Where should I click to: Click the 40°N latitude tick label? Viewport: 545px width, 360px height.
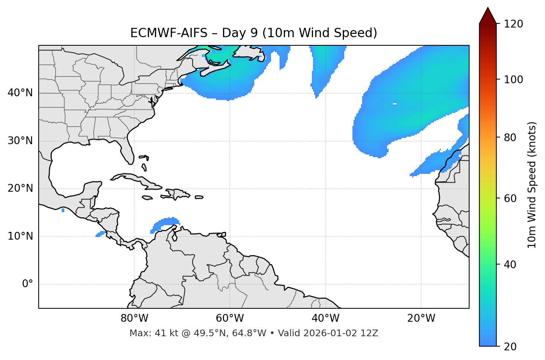pos(20,93)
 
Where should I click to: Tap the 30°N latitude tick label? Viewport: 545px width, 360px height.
pos(20,141)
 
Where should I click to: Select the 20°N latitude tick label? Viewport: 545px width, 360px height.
pos(20,188)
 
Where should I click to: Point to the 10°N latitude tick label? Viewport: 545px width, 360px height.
pos(20,236)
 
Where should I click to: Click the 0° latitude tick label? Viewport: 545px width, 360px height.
pos(28,284)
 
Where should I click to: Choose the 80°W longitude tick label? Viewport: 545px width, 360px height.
pos(134,318)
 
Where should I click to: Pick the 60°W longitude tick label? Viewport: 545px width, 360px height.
pos(230,318)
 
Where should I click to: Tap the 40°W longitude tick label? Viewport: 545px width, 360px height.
pos(325,318)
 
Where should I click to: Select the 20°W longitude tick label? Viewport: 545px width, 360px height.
pos(421,318)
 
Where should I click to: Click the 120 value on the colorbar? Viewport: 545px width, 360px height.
pos(513,24)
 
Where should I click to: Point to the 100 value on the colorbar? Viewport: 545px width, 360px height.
pos(513,80)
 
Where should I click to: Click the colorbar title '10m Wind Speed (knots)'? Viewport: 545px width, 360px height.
pos(532,185)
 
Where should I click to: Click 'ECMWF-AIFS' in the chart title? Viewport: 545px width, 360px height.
pos(168,33)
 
